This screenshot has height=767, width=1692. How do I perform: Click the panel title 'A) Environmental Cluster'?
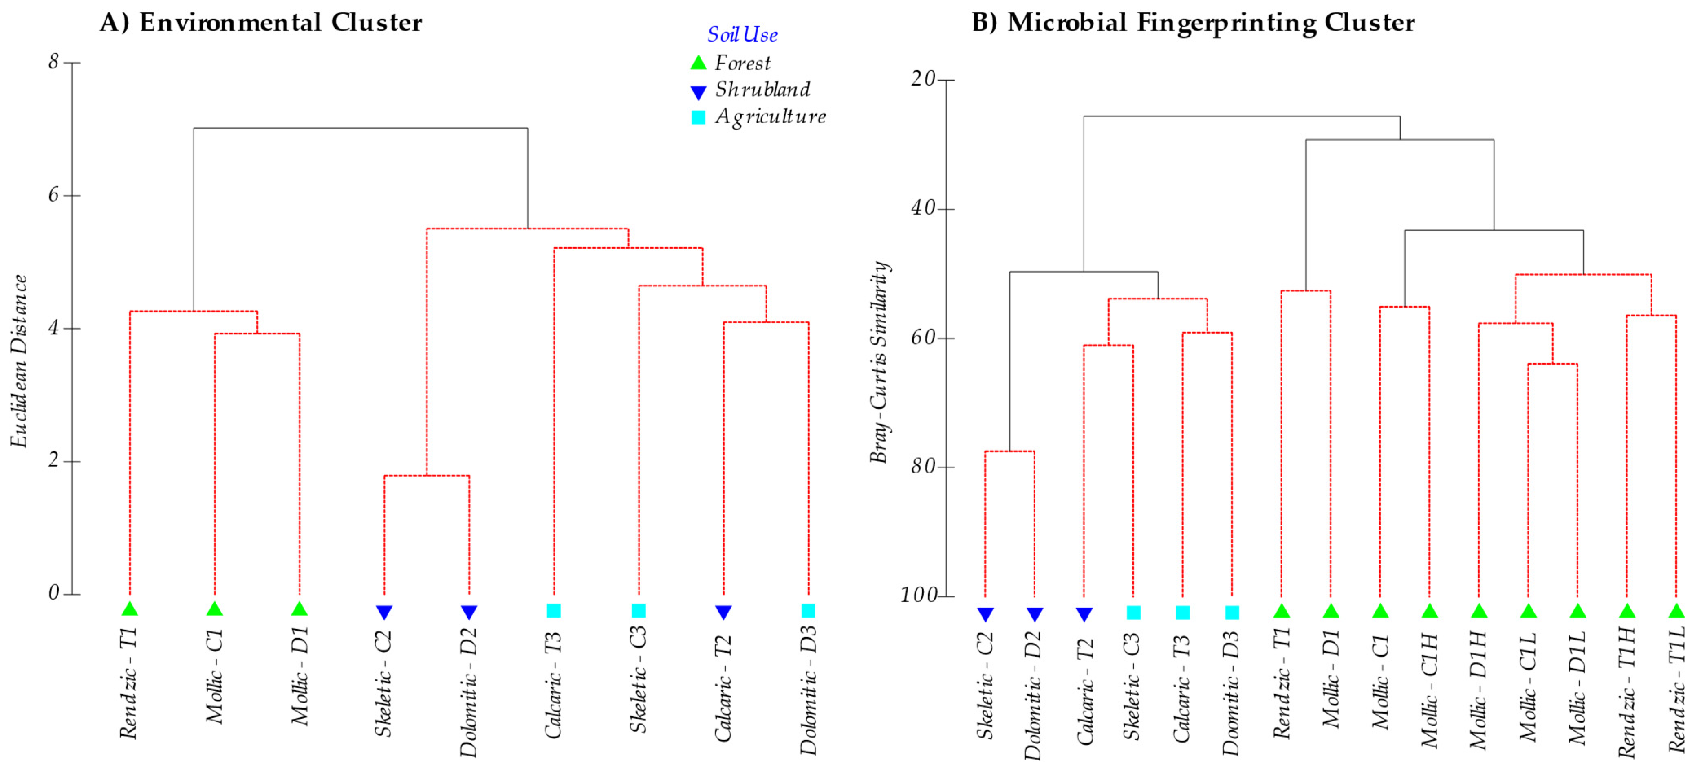point(261,23)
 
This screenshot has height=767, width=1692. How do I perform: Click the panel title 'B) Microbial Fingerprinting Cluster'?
point(1193,23)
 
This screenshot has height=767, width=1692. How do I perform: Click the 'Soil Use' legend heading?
point(742,35)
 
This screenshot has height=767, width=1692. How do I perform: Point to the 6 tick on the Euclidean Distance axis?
point(54,195)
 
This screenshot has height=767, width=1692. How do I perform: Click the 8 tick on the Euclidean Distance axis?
point(54,62)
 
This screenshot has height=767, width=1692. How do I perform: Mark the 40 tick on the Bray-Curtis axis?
point(923,209)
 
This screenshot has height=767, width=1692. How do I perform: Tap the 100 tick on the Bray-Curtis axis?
point(918,596)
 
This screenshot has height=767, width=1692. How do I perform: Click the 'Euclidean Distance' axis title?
point(20,361)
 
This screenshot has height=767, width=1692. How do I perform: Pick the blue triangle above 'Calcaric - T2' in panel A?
point(723,612)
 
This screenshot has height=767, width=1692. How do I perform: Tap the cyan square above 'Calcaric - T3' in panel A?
point(554,611)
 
